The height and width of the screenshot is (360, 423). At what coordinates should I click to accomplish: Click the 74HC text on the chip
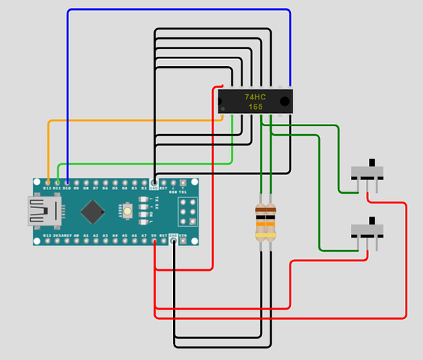pyautogui.click(x=254, y=96)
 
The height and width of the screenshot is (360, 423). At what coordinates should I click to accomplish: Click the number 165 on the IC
pyautogui.click(x=255, y=107)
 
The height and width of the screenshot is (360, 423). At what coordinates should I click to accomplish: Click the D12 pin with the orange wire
pyautogui.click(x=48, y=182)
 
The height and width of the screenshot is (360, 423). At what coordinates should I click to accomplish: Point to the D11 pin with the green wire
pyautogui.click(x=57, y=182)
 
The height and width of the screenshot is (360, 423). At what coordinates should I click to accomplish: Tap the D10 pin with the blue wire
pyautogui.click(x=67, y=182)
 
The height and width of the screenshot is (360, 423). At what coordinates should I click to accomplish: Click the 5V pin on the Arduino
pyautogui.click(x=154, y=241)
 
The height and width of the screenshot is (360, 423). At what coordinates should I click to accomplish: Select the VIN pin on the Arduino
pyautogui.click(x=184, y=241)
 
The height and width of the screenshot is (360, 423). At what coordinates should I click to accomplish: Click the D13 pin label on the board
pyautogui.click(x=48, y=235)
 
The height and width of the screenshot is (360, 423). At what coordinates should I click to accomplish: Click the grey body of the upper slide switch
pyautogui.click(x=367, y=173)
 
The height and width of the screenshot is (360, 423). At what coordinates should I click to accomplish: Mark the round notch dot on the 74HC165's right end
pyautogui.click(x=285, y=101)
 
